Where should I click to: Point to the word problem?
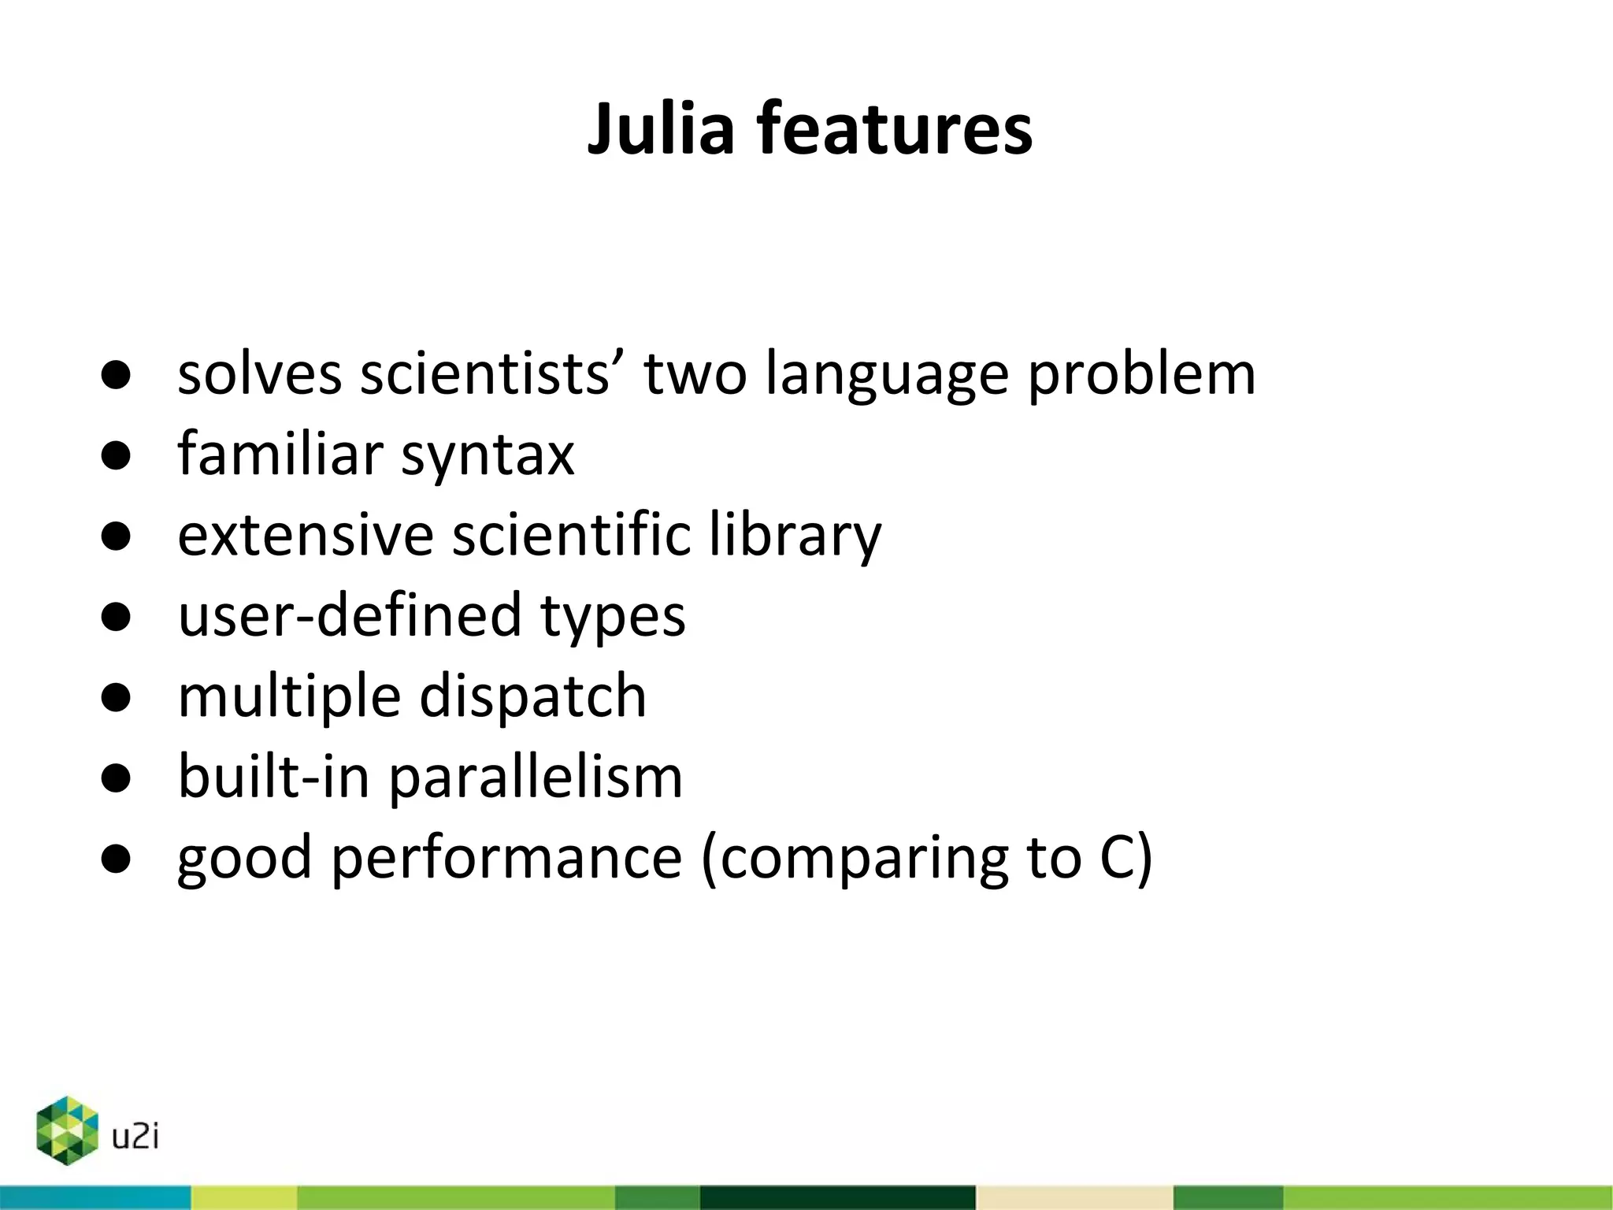[1142, 374]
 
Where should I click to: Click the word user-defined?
[350, 615]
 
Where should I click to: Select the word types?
[613, 617]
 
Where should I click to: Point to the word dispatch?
[532, 697]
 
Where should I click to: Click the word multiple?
[289, 697]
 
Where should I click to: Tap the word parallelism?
[536, 778]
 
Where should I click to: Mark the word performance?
[506, 859]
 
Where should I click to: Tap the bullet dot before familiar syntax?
[116, 456]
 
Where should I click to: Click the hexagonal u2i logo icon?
[67, 1130]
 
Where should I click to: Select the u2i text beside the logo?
[135, 1137]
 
